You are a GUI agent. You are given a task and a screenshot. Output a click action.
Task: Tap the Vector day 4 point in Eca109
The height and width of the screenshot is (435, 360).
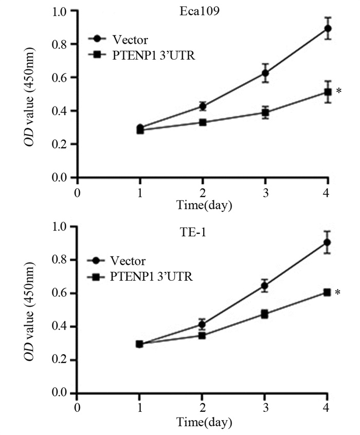pyautogui.click(x=328, y=28)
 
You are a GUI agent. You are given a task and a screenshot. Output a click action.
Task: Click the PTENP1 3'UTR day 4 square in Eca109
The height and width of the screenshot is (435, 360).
pyautogui.click(x=328, y=92)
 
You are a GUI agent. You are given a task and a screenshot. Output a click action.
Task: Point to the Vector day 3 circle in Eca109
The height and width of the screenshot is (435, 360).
pyautogui.click(x=265, y=73)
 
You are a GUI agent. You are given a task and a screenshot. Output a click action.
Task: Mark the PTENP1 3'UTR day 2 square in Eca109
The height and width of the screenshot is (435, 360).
pyautogui.click(x=203, y=122)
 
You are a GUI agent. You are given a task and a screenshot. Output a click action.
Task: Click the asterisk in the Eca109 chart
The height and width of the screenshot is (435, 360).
pyautogui.click(x=338, y=92)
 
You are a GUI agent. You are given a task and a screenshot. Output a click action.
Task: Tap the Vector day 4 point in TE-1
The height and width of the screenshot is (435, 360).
pyautogui.click(x=328, y=242)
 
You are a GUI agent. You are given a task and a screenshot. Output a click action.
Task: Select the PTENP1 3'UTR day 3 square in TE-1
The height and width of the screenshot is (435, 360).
pyautogui.click(x=265, y=314)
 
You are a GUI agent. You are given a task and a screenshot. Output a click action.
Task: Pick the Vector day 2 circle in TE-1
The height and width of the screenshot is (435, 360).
pyautogui.click(x=203, y=324)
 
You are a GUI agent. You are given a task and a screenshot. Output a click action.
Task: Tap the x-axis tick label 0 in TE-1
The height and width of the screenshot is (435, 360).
pyautogui.click(x=77, y=407)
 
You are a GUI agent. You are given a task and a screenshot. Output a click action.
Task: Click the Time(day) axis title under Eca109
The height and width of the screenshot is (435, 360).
pyautogui.click(x=204, y=205)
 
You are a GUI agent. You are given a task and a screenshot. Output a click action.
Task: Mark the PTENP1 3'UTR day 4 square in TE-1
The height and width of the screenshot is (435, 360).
pyautogui.click(x=328, y=292)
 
